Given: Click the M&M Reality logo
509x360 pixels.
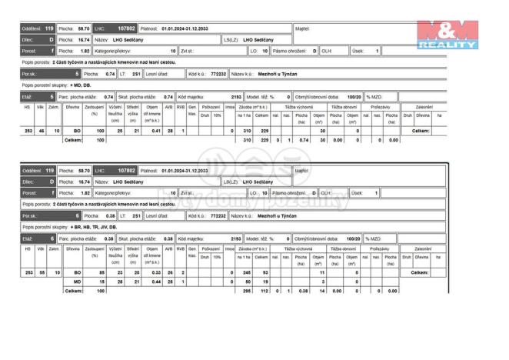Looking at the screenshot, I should pos(448,35).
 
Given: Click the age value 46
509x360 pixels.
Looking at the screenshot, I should pos(40,132).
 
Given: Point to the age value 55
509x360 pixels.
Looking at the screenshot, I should pos(40,273).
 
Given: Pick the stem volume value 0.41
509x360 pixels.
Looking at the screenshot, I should pos(156,132).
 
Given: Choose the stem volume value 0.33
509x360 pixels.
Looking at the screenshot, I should pos(156,273).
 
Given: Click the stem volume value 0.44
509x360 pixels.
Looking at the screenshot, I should pos(156,282).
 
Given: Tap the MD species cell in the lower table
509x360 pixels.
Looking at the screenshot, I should pos(77,282).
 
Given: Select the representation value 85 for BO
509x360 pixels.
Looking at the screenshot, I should pos(99,273).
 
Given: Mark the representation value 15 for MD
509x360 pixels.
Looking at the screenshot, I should pos(99,282).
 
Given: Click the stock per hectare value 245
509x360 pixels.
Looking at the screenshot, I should pos(246,273).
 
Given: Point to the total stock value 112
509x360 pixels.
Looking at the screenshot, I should pos(264,292).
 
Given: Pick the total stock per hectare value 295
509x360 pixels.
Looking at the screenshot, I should pos(246,292).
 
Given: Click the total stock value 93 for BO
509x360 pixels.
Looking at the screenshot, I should pos(264,273).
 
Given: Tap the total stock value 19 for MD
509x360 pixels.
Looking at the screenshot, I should pos(264,282).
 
